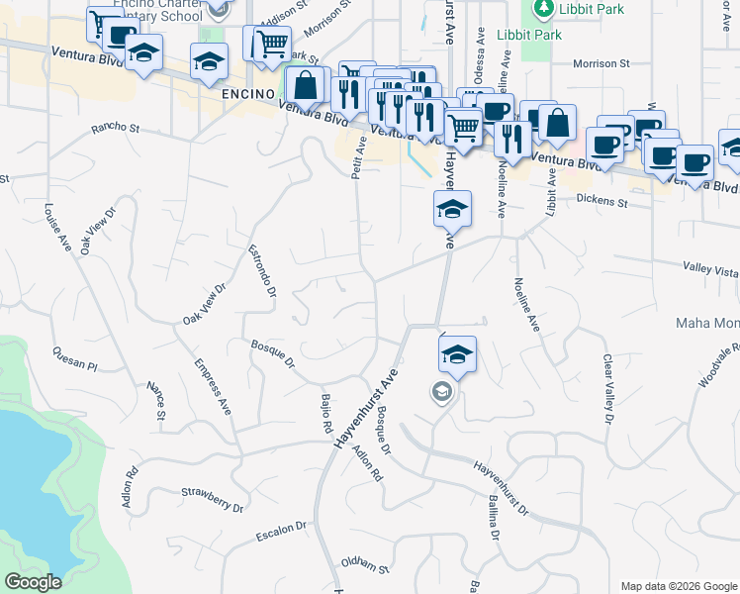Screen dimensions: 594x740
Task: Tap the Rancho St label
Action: coord(116,128)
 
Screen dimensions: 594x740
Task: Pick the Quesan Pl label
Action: coord(75,358)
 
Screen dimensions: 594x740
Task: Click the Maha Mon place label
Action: coord(706,323)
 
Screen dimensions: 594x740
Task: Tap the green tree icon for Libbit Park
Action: coord(542,10)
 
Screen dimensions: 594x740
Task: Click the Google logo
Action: coord(33,582)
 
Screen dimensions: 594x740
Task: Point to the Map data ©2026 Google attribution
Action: coord(678,586)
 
